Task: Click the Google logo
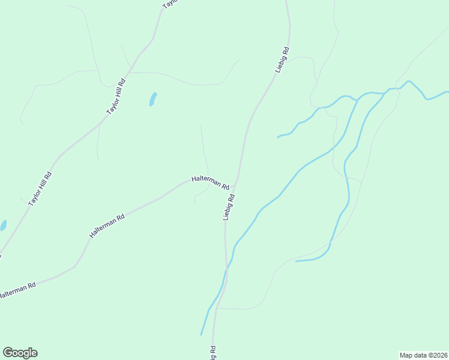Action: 20,353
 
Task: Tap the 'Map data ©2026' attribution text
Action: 423,355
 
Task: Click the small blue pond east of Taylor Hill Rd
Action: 152,99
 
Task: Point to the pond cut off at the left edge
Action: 2,226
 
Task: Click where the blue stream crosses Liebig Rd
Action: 227,271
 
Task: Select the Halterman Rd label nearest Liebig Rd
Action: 210,182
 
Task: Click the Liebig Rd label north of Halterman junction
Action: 283,60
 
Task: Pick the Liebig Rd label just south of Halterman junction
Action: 229,206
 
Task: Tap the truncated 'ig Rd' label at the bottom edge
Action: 212,353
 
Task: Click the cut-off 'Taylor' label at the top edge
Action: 171,4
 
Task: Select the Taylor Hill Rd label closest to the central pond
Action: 116,97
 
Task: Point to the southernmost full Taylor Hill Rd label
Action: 41,190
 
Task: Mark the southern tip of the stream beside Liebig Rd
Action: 201,334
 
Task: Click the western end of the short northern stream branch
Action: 278,137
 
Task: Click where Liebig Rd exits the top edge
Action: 286,2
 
